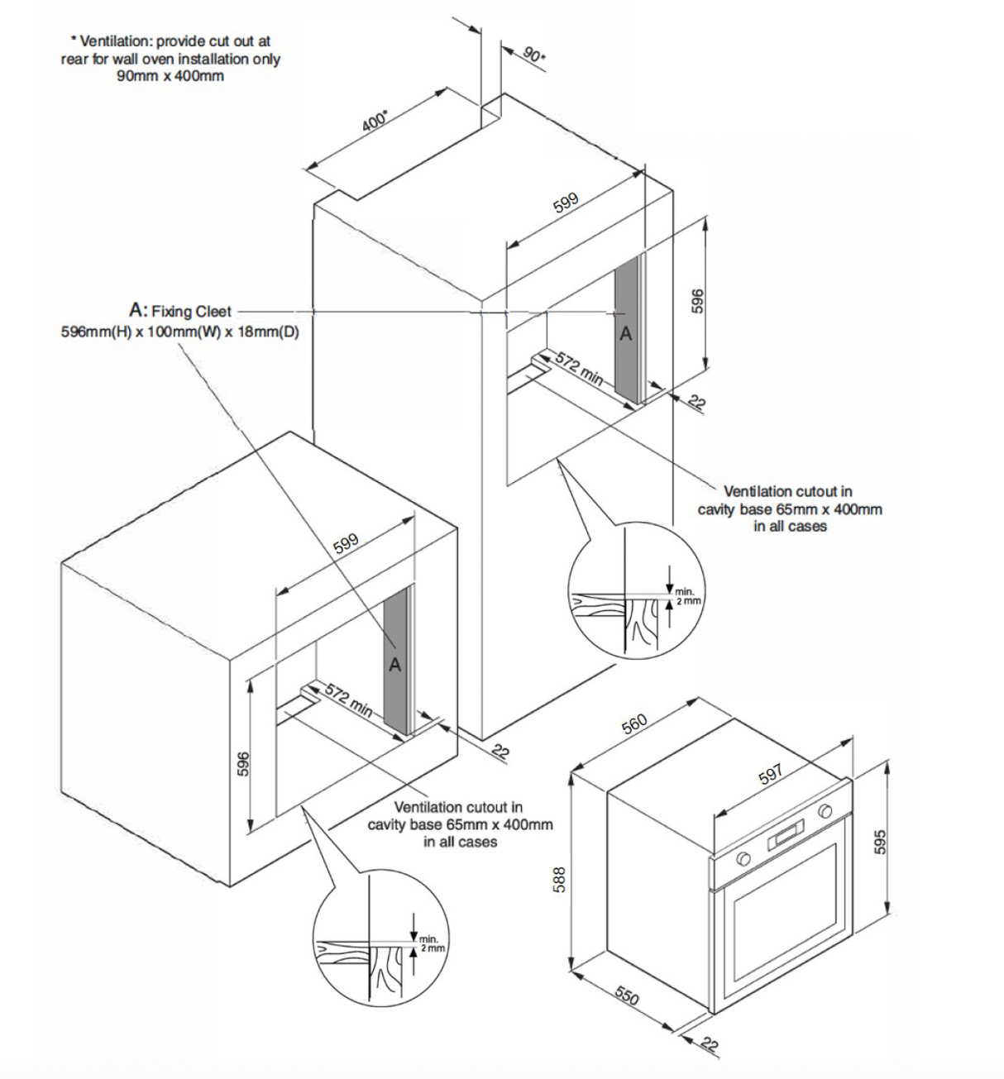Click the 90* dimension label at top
pyautogui.click(x=533, y=55)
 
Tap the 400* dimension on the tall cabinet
pyautogui.click(x=375, y=119)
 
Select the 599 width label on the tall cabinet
pyautogui.click(x=567, y=203)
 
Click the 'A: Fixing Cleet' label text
pyautogui.click(x=180, y=311)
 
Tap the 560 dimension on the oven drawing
pyautogui.click(x=634, y=723)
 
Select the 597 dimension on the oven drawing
pyautogui.click(x=770, y=776)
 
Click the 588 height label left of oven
pyautogui.click(x=560, y=877)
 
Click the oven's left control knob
pyautogui.click(x=743, y=858)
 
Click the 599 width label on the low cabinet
pyautogui.click(x=346, y=543)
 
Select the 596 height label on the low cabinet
pyautogui.click(x=242, y=762)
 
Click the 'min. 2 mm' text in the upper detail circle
pyautogui.click(x=686, y=596)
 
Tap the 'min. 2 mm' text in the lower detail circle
pyautogui.click(x=431, y=943)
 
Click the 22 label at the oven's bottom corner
pyautogui.click(x=709, y=1043)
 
